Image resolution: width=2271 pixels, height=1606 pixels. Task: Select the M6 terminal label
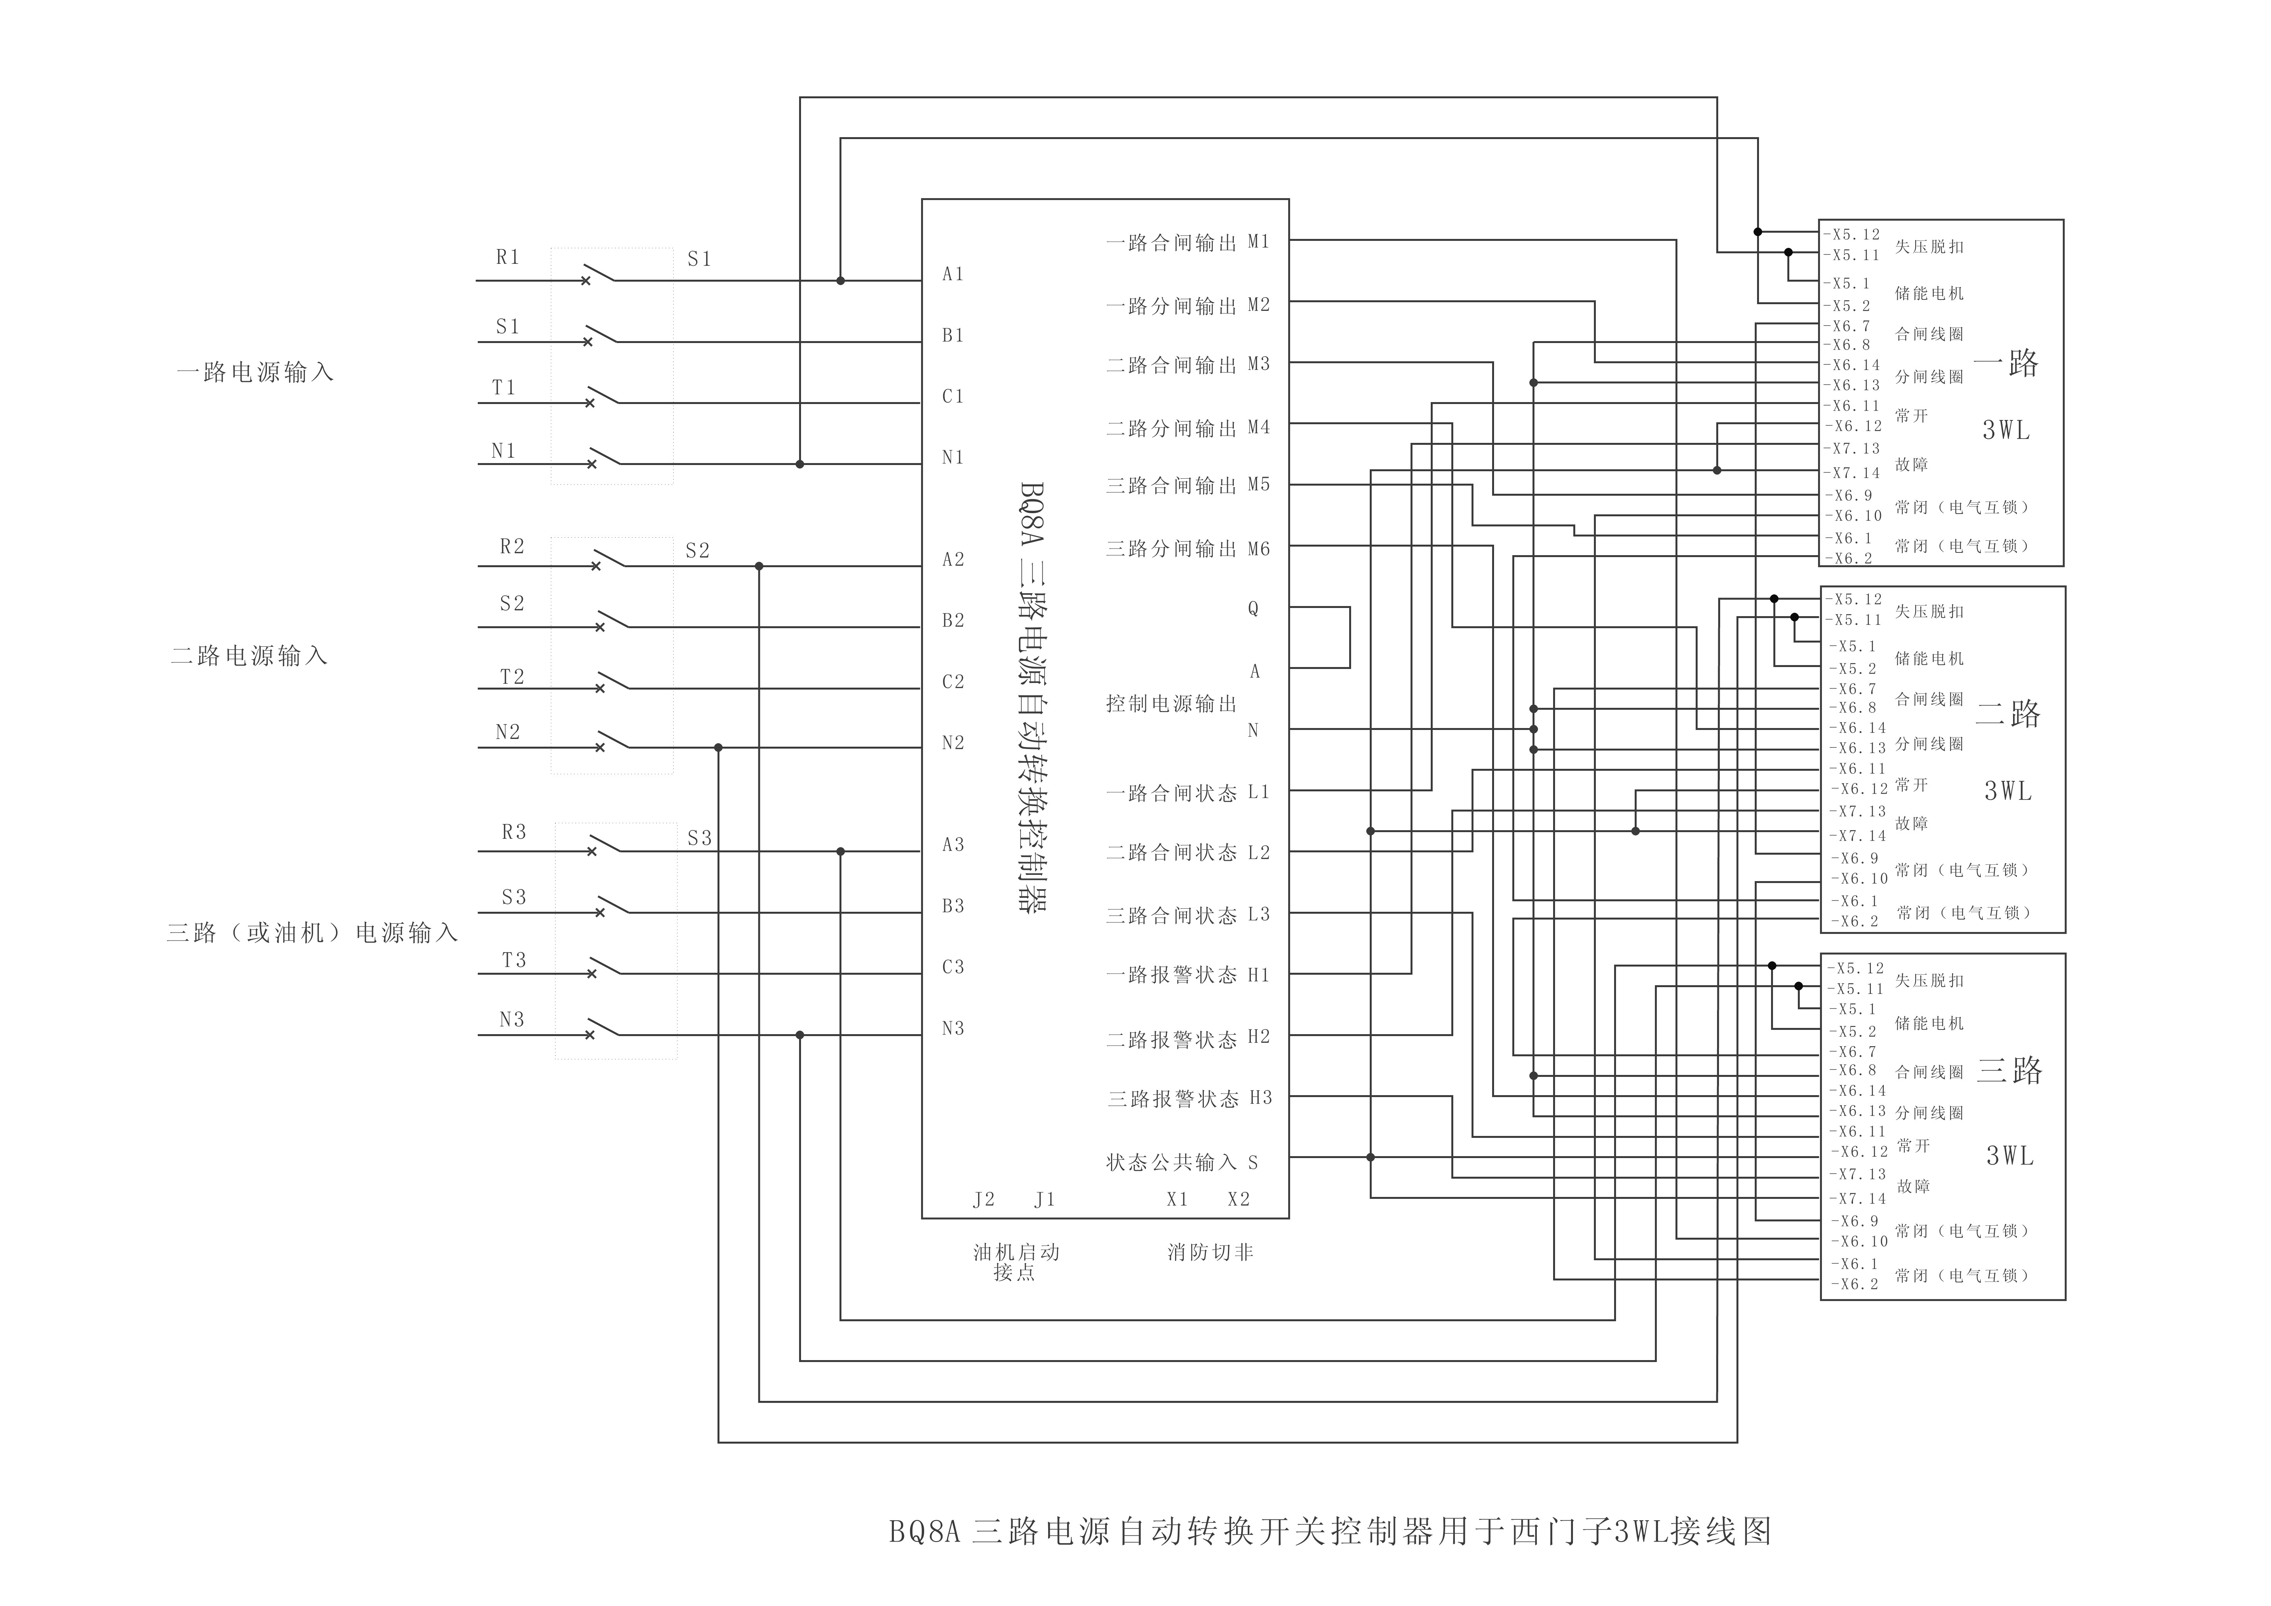tap(1258, 549)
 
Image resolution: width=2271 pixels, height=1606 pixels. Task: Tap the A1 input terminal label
tap(953, 274)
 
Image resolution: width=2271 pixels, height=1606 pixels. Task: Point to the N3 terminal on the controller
tap(953, 1028)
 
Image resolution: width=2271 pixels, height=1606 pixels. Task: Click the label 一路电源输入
tap(255, 373)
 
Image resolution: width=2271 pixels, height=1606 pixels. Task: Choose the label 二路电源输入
tap(249, 656)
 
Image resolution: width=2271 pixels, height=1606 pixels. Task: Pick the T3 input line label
tap(513, 960)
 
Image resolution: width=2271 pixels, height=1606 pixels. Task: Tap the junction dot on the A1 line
tap(841, 281)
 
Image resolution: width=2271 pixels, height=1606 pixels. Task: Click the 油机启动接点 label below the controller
tap(1016, 1262)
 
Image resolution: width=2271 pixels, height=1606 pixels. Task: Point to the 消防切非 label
tap(1210, 1253)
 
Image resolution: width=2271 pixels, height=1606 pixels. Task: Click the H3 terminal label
tap(1260, 1098)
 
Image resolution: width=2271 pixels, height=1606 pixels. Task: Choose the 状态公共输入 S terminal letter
tap(1253, 1163)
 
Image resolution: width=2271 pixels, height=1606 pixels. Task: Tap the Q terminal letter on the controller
tap(1253, 609)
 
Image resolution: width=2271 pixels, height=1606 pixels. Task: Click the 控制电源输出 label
tap(1171, 704)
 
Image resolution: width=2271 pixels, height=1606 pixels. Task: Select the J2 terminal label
tap(983, 1200)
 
